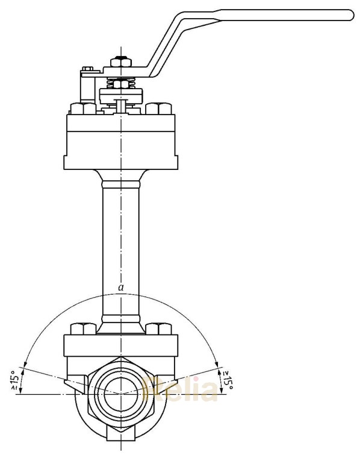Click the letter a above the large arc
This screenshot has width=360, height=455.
(121, 289)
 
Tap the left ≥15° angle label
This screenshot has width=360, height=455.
(14, 380)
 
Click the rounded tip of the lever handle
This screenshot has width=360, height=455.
(347, 16)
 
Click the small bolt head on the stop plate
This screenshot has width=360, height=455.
(87, 70)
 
